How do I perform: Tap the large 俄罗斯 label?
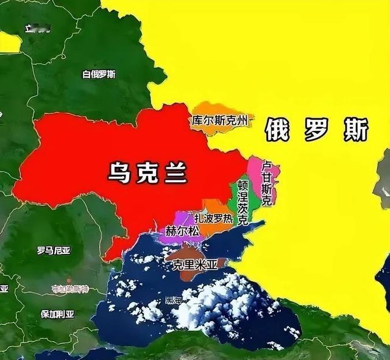pyautogui.click(x=317, y=129)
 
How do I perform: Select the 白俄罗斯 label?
pyautogui.click(x=99, y=74)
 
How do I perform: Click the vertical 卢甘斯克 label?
pyautogui.click(x=266, y=182)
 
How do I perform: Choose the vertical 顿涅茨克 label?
pyautogui.click(x=243, y=203)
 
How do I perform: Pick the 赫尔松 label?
pyautogui.click(x=182, y=231)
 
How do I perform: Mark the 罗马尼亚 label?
pyautogui.click(x=54, y=250)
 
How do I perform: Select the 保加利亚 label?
pyautogui.click(x=57, y=314)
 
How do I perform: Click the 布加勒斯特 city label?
pyautogui.click(x=70, y=288)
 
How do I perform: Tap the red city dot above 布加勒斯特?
pyautogui.click(x=69, y=281)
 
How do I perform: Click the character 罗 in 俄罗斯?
pyautogui.click(x=317, y=129)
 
